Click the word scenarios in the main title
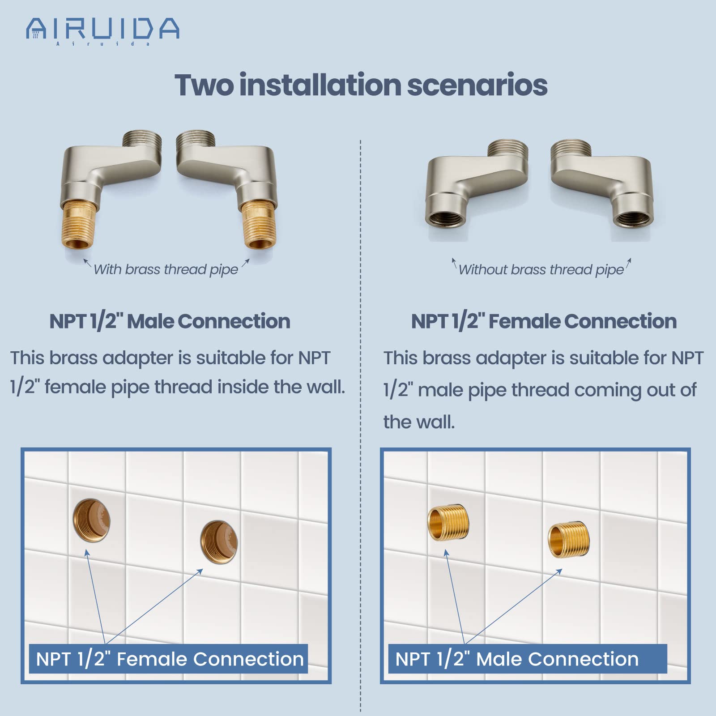477,85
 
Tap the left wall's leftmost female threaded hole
92,520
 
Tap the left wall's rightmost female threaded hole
219,542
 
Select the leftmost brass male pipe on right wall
448,523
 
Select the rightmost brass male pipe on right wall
569,539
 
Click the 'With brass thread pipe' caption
166,269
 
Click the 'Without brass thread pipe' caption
541,269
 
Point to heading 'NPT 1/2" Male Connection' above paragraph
170,321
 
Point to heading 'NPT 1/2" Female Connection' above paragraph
544,321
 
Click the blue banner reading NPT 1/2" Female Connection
169,659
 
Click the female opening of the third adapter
443,219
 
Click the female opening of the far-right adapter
631,219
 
